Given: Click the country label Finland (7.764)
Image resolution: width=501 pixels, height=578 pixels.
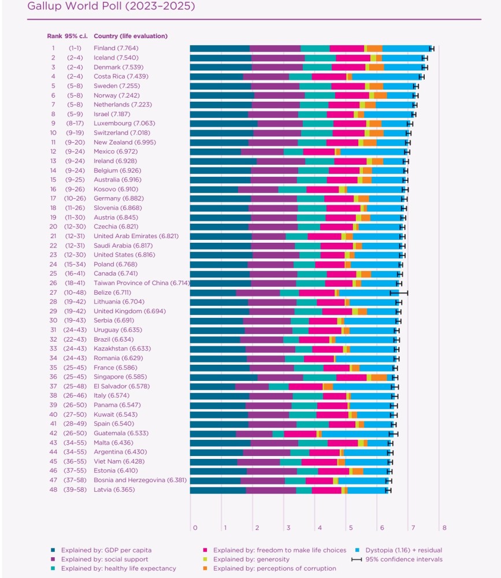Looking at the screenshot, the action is coord(116,49).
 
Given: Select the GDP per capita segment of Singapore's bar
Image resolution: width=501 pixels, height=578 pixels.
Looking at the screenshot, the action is coord(224,377).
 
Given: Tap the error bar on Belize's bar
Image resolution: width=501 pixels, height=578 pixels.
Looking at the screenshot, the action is coord(399,293).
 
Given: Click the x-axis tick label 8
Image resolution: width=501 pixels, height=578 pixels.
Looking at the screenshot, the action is coord(444,528).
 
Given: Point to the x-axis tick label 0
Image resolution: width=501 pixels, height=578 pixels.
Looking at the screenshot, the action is coord(195,528).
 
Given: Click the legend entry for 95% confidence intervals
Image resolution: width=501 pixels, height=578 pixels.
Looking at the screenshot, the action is coord(397,559).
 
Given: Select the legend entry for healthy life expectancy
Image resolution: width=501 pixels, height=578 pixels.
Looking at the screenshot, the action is coord(113,568).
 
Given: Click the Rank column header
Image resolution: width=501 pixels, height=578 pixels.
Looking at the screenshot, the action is coord(54,36).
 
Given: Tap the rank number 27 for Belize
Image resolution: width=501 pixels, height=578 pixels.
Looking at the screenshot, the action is coord(54,292).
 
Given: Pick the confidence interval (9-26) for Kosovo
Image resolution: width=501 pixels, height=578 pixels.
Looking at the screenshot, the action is coord(75,190).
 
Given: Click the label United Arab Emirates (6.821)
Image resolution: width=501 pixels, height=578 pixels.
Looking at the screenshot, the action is coord(136,236).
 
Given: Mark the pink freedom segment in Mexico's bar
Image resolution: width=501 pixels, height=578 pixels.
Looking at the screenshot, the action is coord(319,152).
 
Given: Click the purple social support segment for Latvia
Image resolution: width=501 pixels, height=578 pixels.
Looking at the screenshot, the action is coord(271,490).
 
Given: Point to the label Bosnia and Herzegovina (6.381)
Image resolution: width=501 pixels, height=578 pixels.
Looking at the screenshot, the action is coord(140,480).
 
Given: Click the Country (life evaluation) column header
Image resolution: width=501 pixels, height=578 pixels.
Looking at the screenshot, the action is coord(131,36).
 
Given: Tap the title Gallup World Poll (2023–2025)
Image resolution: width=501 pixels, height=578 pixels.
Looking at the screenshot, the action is coord(111,6).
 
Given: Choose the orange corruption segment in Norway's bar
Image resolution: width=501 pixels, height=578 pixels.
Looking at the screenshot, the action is coord(380,95).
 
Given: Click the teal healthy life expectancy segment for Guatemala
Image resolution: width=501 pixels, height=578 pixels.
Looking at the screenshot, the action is coord(279,434).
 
